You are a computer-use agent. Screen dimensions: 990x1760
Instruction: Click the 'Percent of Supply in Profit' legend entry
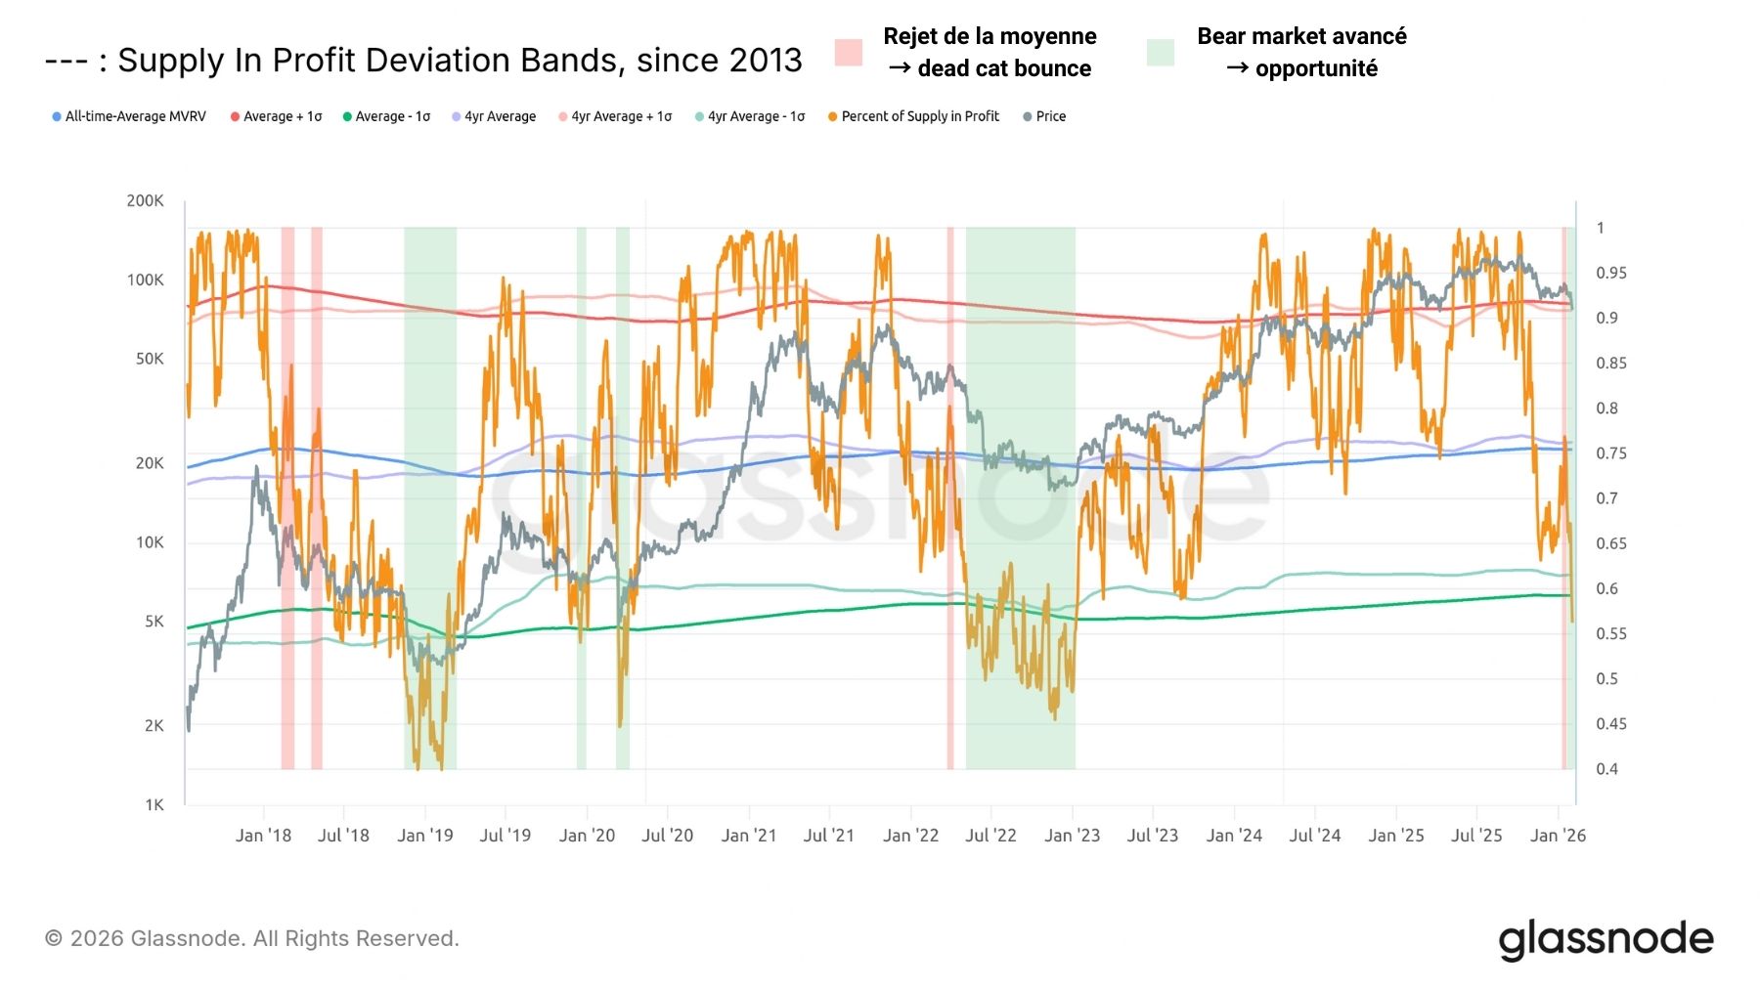(x=919, y=116)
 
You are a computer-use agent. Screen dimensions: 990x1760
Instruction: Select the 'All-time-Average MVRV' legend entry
(x=135, y=116)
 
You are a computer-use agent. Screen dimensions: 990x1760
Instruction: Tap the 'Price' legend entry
(x=1050, y=116)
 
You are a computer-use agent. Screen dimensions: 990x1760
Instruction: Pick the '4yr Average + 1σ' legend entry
(x=621, y=116)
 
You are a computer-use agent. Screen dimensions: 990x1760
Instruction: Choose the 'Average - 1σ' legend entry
(x=392, y=116)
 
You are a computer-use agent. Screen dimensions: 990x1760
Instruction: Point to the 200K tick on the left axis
(x=145, y=200)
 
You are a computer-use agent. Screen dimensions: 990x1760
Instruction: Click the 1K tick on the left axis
(x=154, y=804)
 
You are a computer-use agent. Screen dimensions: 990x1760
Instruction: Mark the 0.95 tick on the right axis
(x=1611, y=273)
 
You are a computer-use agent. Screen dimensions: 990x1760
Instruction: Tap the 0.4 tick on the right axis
(x=1606, y=768)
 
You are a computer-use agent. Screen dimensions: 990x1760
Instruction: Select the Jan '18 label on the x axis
(x=263, y=836)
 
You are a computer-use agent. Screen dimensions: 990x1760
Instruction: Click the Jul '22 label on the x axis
(x=990, y=836)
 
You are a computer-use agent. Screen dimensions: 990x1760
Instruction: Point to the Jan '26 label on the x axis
(x=1558, y=836)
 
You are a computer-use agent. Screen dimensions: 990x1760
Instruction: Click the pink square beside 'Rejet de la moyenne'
(x=849, y=53)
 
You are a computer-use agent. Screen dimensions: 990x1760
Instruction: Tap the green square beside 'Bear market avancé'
(x=1161, y=53)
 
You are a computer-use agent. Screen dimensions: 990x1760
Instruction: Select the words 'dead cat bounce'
(x=1004, y=68)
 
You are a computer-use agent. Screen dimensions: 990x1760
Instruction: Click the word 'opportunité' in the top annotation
(x=1316, y=68)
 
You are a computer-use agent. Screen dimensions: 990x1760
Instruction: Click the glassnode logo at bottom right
(x=1606, y=939)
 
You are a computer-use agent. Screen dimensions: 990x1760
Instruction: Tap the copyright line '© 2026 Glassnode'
(x=252, y=938)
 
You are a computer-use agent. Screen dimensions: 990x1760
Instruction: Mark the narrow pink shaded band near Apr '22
(x=950, y=498)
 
